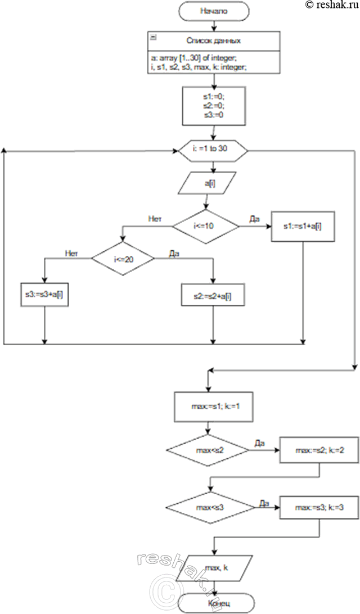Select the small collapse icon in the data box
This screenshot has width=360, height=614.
[154, 37]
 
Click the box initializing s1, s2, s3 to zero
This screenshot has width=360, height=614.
[213, 106]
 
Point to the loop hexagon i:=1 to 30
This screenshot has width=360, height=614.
[213, 151]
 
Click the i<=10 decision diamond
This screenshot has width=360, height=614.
[206, 226]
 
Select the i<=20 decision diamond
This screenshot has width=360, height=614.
[123, 259]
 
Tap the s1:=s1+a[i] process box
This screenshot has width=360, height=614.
[304, 226]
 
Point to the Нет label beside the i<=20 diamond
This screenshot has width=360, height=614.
[71, 254]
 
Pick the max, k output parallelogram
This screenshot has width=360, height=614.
[213, 570]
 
